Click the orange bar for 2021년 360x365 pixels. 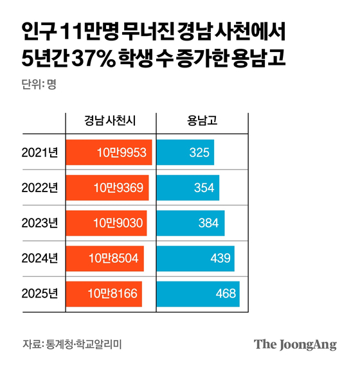pos(109,152)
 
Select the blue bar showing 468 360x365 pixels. pos(198,294)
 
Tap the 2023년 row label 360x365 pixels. pos(39,223)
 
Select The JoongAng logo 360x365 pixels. pos(295,344)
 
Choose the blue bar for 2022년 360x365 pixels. pos(188,188)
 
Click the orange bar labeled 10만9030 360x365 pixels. pos(106,223)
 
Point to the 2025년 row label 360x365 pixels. pos(39,294)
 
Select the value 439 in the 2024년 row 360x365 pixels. pos(220,258)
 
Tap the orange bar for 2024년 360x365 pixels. pos(105,258)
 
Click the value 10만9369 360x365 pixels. pos(121,188)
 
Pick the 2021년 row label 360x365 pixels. pos(39,152)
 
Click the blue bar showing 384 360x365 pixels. pos(191,223)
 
